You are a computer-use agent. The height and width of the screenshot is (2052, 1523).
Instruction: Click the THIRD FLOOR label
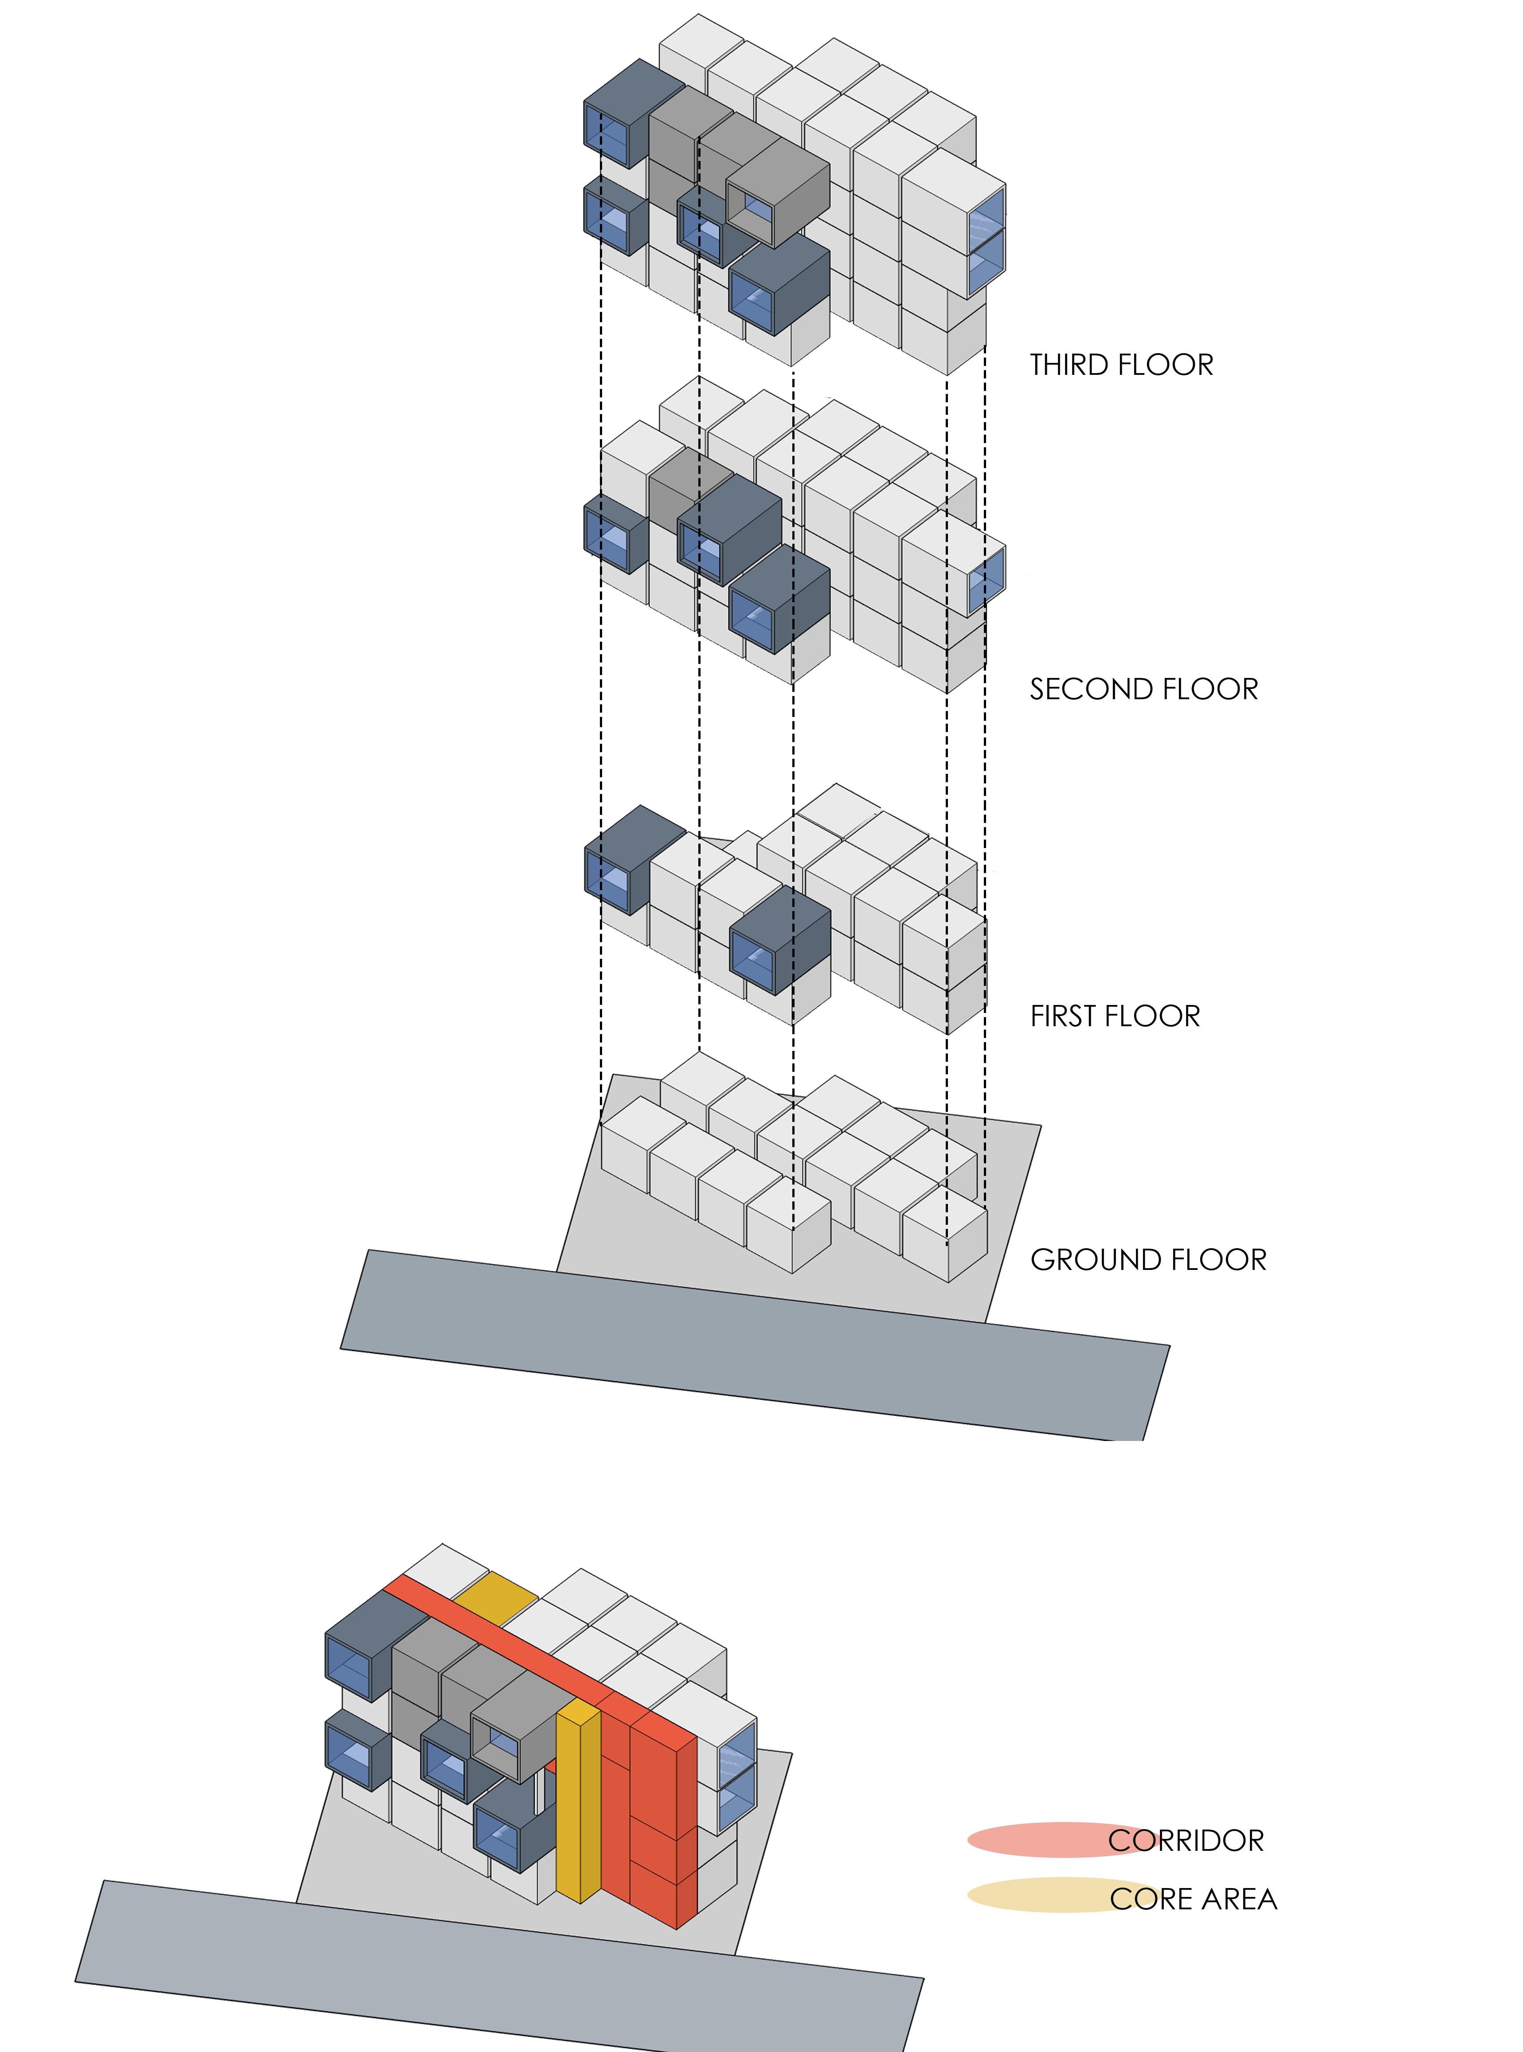(x=1121, y=365)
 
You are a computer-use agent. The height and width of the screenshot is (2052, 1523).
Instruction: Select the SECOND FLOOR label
(x=1143, y=689)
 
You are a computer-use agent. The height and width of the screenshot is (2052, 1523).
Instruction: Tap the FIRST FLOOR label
(x=1115, y=1016)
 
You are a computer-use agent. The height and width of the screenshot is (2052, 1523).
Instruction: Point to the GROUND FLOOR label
(x=1148, y=1260)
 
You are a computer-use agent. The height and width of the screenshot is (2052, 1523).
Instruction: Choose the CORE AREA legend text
(x=1193, y=1899)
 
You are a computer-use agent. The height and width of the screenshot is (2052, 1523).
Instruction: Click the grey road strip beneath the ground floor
(x=756, y=1345)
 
